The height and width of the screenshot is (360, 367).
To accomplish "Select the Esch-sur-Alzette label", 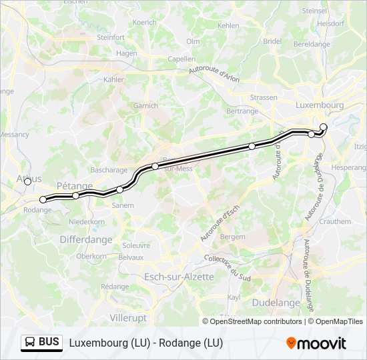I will click(x=179, y=277).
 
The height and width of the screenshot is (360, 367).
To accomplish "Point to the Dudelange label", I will click(x=276, y=303).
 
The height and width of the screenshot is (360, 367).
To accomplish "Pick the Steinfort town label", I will click(x=111, y=37).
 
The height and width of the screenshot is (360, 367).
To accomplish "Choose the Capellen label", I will click(x=181, y=59).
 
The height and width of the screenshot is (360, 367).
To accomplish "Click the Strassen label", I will click(x=264, y=97).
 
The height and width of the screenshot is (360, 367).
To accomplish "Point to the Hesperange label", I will click(x=349, y=167).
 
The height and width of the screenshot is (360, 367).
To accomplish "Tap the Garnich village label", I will click(x=145, y=105).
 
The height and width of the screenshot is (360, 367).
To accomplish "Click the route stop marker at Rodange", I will click(x=43, y=199).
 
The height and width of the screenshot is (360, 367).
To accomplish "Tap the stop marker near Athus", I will click(x=27, y=181).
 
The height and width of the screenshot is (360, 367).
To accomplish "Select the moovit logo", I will click(x=316, y=343).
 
